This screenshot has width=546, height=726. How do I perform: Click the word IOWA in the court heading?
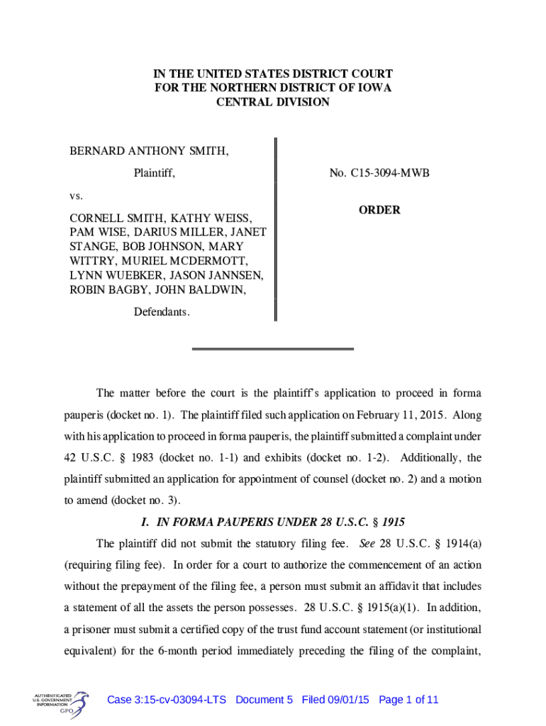click(376, 88)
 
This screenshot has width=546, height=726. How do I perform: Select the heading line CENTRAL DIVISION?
click(273, 102)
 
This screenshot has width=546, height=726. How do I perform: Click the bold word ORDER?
click(379, 210)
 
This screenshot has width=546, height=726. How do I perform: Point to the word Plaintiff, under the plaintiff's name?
click(155, 173)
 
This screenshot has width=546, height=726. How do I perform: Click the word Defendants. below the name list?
click(162, 312)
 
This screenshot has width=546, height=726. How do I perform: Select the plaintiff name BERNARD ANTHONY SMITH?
click(149, 151)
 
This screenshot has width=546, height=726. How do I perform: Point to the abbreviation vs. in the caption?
click(76, 194)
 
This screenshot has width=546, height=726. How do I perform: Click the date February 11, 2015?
click(403, 415)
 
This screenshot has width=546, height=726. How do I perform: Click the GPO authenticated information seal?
click(61, 701)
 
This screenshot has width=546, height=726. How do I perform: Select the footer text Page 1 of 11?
click(408, 700)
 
